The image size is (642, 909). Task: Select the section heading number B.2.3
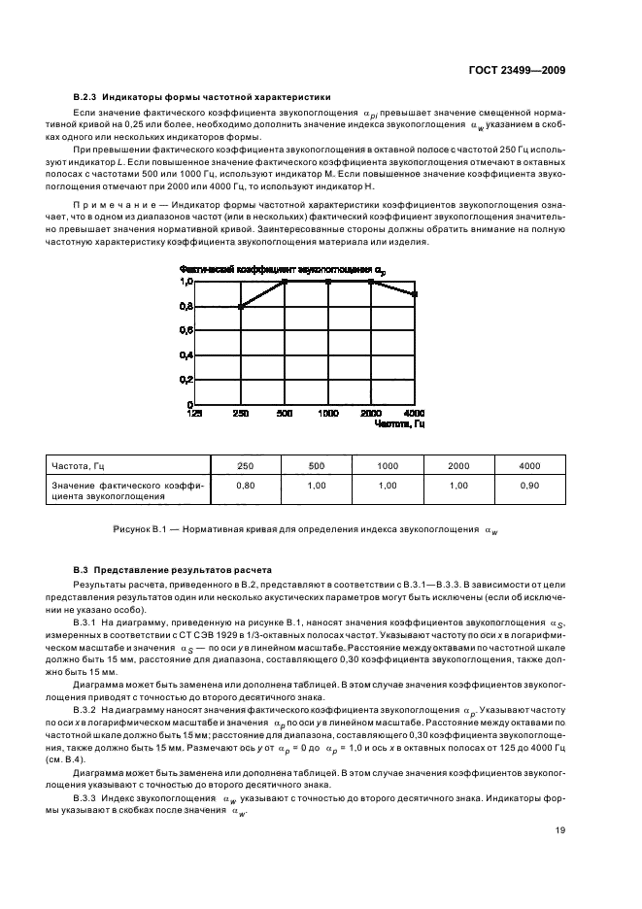click(x=88, y=97)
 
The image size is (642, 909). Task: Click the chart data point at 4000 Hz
click(x=415, y=293)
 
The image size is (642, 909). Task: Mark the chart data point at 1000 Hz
click(x=327, y=282)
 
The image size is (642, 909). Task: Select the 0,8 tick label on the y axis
click(x=186, y=307)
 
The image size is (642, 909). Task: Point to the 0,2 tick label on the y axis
click(x=186, y=380)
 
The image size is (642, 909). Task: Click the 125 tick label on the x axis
click(x=194, y=413)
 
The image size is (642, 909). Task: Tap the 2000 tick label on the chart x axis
click(x=371, y=413)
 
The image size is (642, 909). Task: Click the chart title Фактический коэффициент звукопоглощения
click(x=275, y=268)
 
